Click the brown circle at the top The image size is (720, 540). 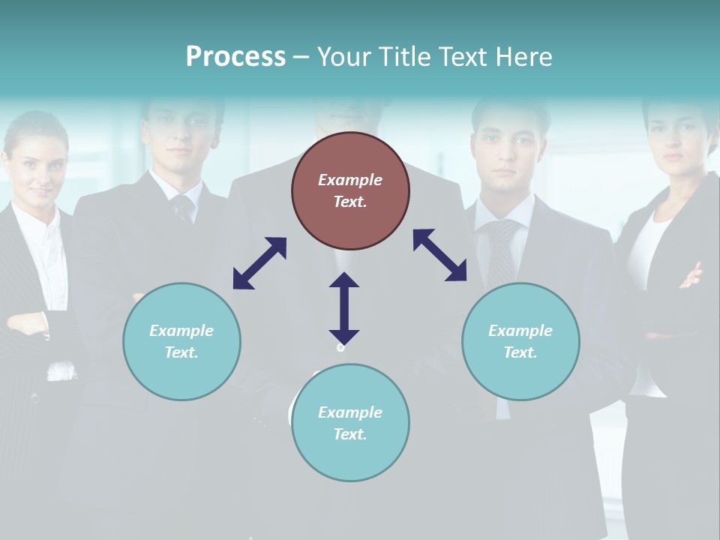click(350, 190)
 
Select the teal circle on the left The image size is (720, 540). click(181, 341)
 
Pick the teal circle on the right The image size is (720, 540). click(520, 341)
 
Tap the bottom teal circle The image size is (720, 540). click(350, 423)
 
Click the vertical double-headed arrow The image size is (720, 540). click(344, 308)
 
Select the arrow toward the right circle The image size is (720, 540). click(440, 255)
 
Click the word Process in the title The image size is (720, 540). click(235, 56)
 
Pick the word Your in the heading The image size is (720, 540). click(343, 56)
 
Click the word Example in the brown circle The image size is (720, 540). click(350, 180)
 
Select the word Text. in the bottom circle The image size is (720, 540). click(350, 434)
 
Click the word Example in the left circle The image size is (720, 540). click(181, 331)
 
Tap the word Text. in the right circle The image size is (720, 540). click(520, 352)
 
